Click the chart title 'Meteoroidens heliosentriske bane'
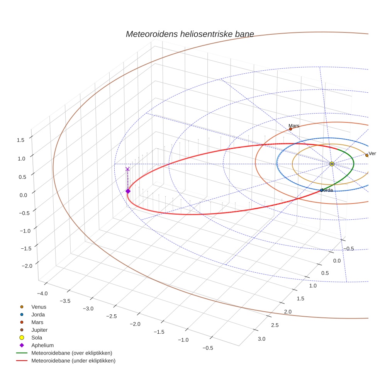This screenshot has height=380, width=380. pyautogui.click(x=190, y=34)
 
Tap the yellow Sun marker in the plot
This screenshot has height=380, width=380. pyautogui.click(x=332, y=164)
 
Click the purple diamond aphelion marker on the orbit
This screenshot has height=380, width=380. pyautogui.click(x=128, y=191)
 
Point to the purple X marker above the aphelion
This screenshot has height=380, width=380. pyautogui.click(x=127, y=169)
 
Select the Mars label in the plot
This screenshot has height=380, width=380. pyautogui.click(x=294, y=126)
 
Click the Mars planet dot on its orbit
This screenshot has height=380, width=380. pyautogui.click(x=290, y=129)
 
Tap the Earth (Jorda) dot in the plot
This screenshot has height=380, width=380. pyautogui.click(x=321, y=190)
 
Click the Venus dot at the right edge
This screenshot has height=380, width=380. pyautogui.click(x=366, y=155)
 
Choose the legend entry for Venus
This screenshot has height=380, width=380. pyautogui.click(x=39, y=307)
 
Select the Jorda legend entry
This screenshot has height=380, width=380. pyautogui.click(x=38, y=314)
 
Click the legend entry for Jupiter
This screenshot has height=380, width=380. pyautogui.click(x=39, y=330)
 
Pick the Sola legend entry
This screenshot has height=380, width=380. pyautogui.click(x=37, y=338)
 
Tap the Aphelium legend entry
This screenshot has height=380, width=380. pyautogui.click(x=42, y=345)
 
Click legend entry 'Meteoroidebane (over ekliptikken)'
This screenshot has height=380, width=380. pyautogui.click(x=71, y=353)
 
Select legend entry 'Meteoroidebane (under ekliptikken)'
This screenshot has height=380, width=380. pyautogui.click(x=73, y=361)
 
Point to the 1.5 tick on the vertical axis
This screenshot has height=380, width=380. pyautogui.click(x=21, y=140)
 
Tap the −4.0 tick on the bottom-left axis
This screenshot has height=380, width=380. pyautogui.click(x=42, y=293)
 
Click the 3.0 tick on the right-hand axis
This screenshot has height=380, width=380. pyautogui.click(x=261, y=339)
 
